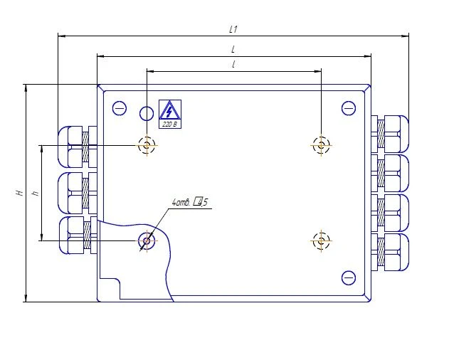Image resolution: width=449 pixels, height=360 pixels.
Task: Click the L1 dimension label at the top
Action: [x=233, y=29]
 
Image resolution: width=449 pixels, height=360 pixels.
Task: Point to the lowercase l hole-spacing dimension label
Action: [x=233, y=65]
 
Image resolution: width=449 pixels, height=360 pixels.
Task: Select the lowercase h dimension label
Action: [x=36, y=193]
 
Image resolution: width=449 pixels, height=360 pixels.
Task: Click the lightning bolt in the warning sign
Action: [x=169, y=110]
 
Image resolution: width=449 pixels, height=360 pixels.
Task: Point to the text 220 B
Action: [x=169, y=124]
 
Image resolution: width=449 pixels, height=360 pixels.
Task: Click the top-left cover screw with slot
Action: [x=120, y=108]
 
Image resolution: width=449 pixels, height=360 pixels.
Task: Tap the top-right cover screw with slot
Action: [x=348, y=108]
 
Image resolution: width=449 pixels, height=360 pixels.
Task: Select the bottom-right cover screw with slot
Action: [x=348, y=277]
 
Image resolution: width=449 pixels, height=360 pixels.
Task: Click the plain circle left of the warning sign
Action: [x=147, y=113]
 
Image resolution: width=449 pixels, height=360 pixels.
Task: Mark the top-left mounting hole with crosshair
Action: [x=147, y=144]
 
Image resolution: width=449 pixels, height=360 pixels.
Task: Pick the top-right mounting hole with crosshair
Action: [x=322, y=144]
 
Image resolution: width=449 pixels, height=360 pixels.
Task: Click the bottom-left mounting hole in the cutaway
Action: [x=147, y=240]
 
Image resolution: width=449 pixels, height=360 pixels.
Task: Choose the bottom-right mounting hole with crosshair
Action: [x=322, y=240]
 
